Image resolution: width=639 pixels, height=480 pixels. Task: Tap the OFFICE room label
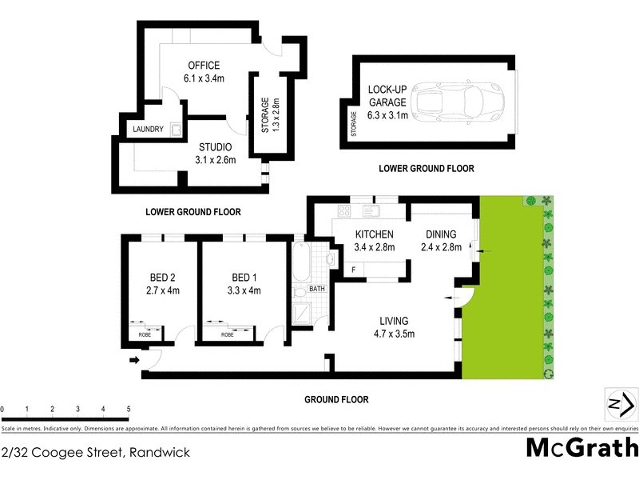coord(204,72)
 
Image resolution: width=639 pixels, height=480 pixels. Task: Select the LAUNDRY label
coord(148,130)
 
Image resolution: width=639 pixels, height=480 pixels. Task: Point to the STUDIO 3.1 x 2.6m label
coord(214,154)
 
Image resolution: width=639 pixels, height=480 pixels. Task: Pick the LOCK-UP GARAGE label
coord(387,102)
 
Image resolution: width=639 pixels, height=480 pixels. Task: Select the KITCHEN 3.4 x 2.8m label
coord(375,240)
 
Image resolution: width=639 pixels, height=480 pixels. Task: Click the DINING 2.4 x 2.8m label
coord(441,240)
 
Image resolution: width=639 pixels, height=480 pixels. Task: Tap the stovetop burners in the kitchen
coord(345,212)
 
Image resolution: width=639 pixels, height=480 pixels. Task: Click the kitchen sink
coord(372,212)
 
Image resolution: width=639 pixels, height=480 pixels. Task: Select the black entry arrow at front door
coord(134,361)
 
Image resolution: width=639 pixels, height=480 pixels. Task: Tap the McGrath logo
coord(581,447)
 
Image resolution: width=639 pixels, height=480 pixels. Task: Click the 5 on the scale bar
coord(129,409)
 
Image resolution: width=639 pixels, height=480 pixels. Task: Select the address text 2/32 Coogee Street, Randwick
coord(96,453)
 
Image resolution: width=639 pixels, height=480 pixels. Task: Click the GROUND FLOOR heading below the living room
coord(335,399)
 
